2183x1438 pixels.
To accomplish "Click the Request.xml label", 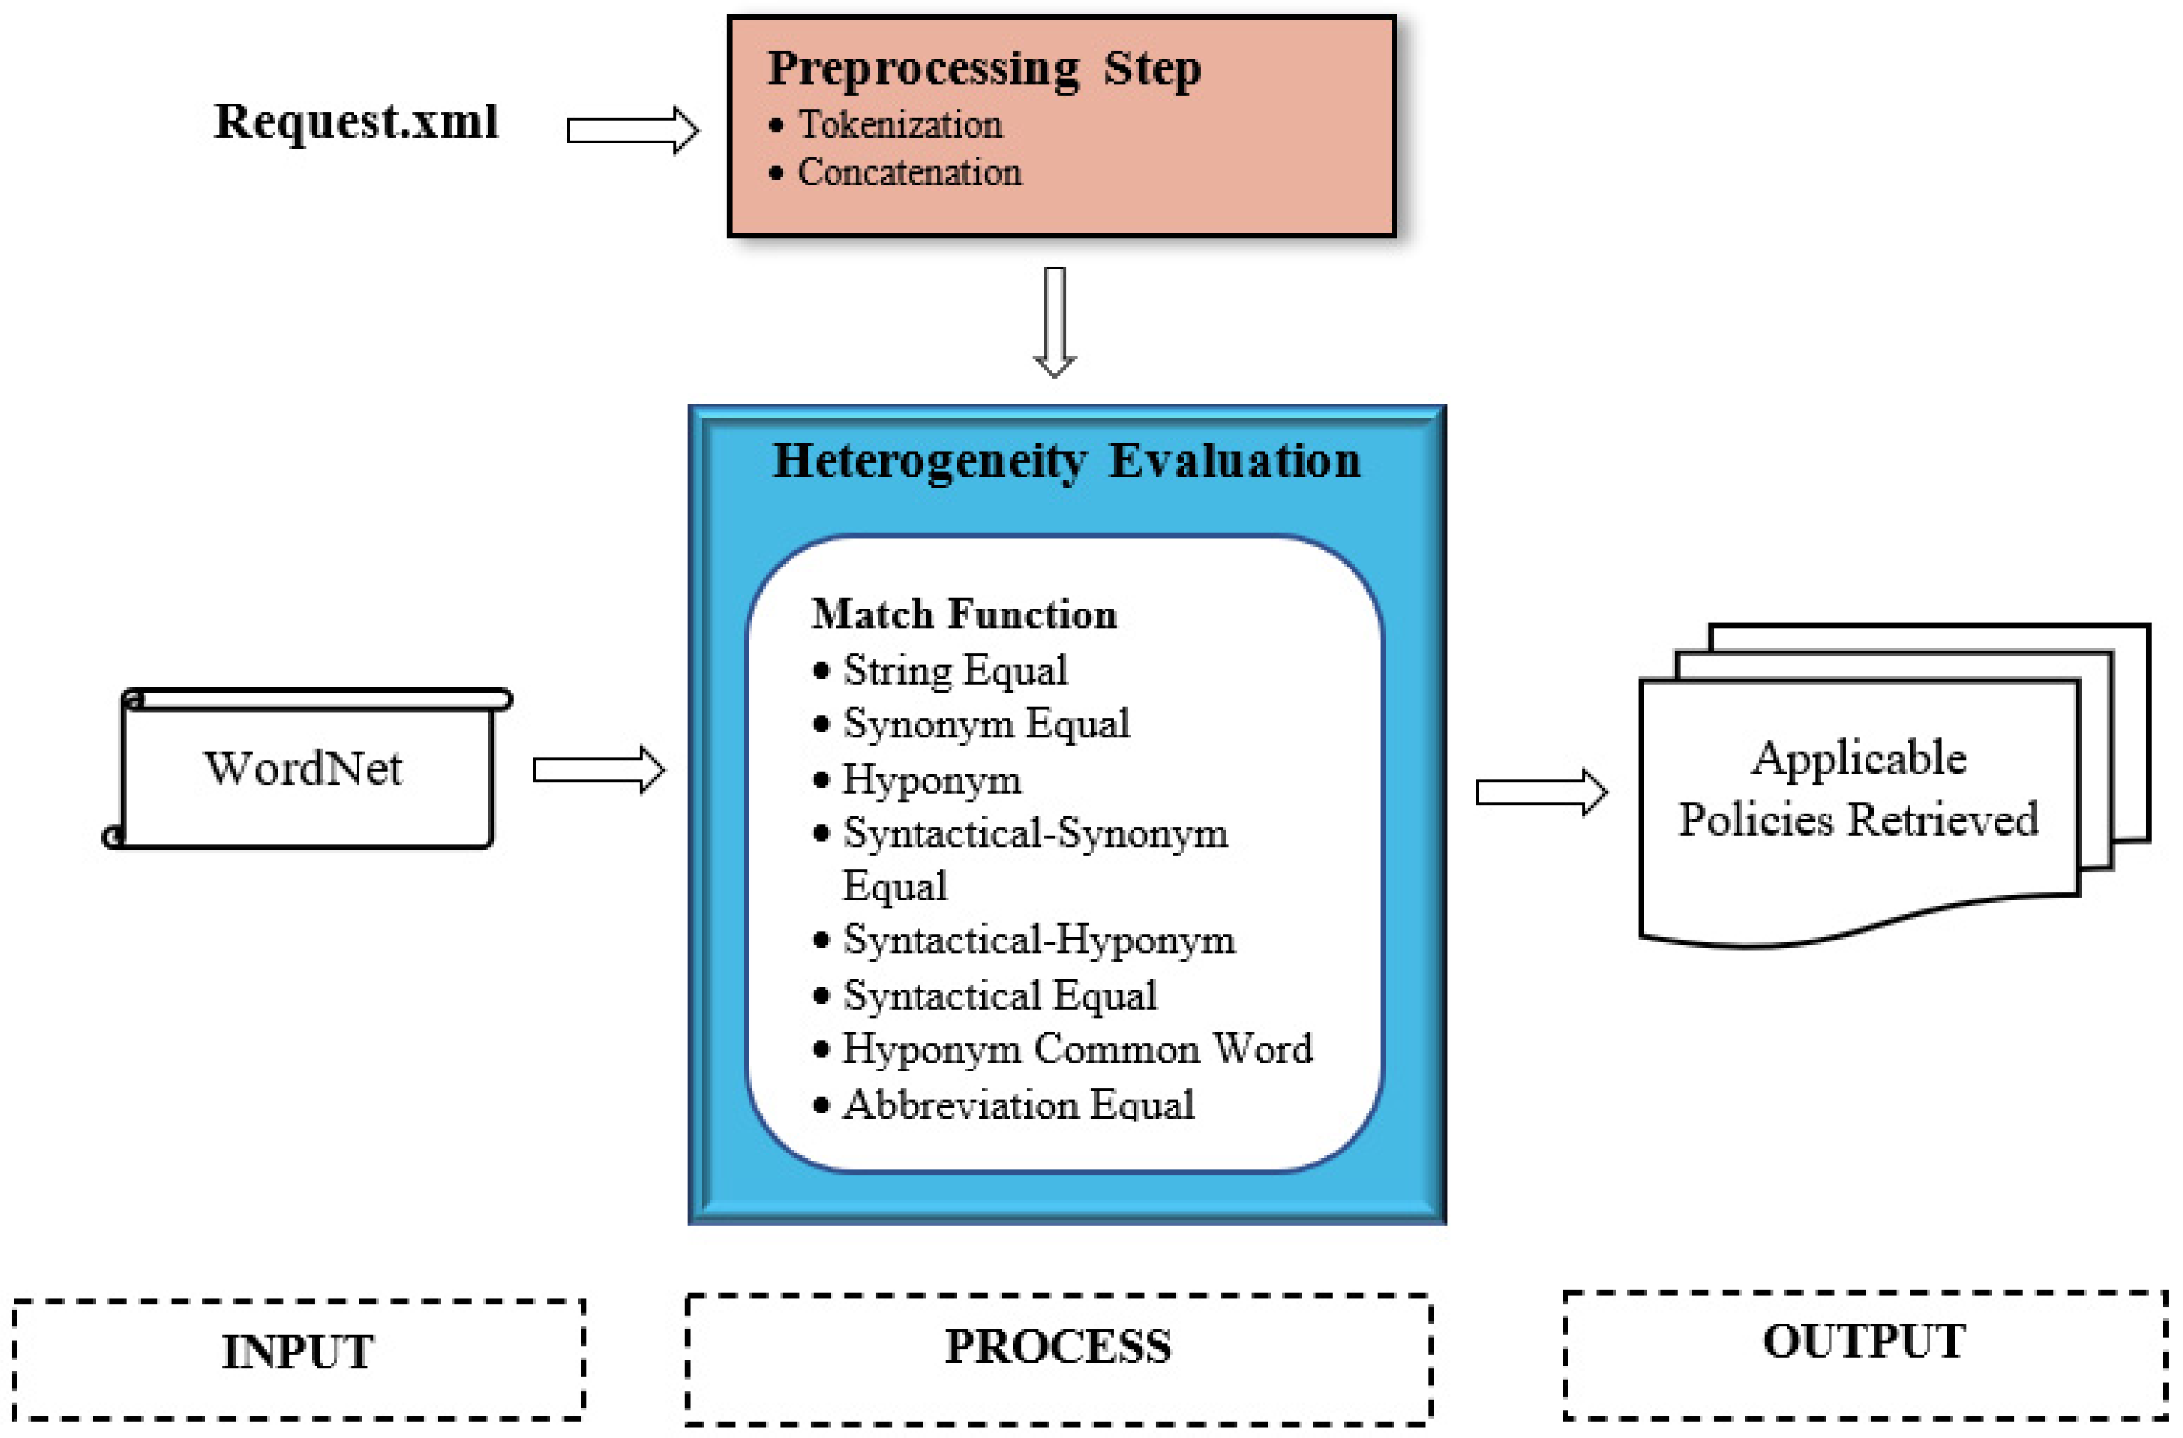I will (356, 121).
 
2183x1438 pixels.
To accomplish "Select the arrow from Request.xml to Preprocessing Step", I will (632, 130).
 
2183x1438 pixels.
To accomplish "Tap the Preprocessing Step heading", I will (984, 69).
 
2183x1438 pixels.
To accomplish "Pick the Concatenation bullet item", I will (909, 172).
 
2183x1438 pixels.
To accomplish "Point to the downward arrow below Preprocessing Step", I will (1055, 321).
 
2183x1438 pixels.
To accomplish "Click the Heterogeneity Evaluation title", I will (1067, 461).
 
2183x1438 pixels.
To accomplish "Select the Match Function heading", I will (964, 614).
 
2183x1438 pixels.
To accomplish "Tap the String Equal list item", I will (955, 670).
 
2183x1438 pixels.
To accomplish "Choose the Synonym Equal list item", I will (986, 724).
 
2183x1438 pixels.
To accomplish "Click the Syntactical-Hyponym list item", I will (1039, 940).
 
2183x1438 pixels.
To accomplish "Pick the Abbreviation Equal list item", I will (1018, 1105).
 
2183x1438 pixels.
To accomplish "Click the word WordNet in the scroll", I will (303, 769).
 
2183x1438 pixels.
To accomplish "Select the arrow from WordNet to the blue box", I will (599, 770).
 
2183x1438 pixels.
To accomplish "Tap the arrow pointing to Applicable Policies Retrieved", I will (1541, 793).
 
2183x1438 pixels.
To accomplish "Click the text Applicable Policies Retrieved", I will (1858, 789).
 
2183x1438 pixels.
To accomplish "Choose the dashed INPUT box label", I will (297, 1352).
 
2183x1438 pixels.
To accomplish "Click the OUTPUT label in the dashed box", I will (1864, 1342).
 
